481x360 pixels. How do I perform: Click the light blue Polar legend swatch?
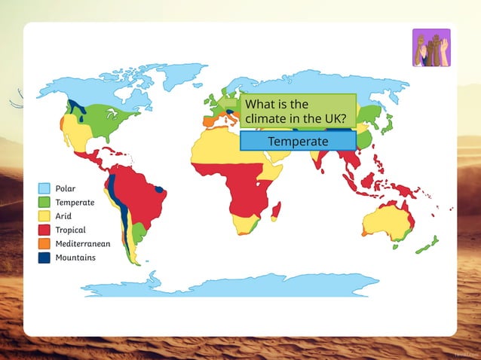pyautogui.click(x=44, y=188)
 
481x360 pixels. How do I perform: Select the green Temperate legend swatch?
pyautogui.click(x=44, y=202)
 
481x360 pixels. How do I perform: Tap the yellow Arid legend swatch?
pyautogui.click(x=44, y=216)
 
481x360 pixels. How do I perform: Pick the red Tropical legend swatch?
pyautogui.click(x=44, y=230)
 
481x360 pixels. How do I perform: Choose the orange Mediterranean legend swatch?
pyautogui.click(x=44, y=243)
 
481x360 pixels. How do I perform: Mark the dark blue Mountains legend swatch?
pyautogui.click(x=44, y=258)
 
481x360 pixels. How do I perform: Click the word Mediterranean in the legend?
pyautogui.click(x=83, y=243)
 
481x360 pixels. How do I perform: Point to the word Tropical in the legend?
pyautogui.click(x=70, y=230)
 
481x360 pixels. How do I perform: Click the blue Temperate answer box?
pyautogui.click(x=298, y=142)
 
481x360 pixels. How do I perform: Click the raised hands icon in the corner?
pyautogui.click(x=431, y=47)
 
